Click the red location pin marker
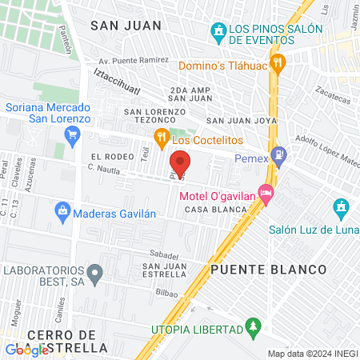(x=180, y=162)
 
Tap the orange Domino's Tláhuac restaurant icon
(x=278, y=62)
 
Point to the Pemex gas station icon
(x=278, y=154)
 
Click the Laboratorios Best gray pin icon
(x=95, y=274)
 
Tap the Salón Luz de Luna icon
(x=342, y=210)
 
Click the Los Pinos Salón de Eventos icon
(x=218, y=33)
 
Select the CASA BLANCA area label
(x=210, y=210)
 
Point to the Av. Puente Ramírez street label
(x=133, y=60)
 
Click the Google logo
(x=26, y=350)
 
